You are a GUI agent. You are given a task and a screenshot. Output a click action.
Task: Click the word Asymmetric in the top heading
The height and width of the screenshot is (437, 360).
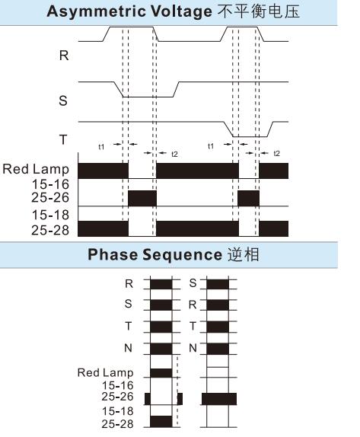click(x=97, y=11)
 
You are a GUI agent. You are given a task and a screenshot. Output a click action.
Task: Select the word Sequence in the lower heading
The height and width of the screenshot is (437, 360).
click(x=183, y=255)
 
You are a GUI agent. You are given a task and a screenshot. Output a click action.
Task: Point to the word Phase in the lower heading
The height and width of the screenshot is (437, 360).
click(x=113, y=254)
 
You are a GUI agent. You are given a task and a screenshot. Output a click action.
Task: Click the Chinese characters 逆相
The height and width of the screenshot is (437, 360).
click(x=244, y=254)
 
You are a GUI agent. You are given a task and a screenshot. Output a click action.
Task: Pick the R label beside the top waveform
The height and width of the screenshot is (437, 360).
click(x=64, y=55)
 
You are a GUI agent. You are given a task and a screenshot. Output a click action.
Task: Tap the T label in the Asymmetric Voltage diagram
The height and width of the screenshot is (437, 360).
click(x=63, y=139)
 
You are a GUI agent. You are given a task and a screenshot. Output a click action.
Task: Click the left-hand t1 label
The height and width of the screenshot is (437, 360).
click(x=101, y=147)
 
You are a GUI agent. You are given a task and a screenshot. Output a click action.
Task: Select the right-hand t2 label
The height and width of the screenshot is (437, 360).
click(x=277, y=153)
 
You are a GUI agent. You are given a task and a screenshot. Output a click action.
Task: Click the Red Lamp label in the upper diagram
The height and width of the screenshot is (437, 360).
click(x=36, y=169)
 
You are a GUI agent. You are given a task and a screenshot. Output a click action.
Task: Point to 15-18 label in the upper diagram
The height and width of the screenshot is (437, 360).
click(x=50, y=215)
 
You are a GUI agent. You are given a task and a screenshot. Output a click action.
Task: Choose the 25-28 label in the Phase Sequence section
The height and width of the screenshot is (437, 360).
click(x=117, y=424)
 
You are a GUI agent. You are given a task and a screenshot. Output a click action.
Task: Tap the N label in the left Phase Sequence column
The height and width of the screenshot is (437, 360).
click(x=128, y=348)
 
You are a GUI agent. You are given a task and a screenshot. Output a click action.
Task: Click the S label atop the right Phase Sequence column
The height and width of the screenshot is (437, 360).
click(x=193, y=283)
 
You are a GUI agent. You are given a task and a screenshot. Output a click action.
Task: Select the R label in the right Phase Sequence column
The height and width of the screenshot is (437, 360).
click(x=193, y=305)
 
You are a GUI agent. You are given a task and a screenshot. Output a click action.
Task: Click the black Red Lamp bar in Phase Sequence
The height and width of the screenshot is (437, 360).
click(x=161, y=373)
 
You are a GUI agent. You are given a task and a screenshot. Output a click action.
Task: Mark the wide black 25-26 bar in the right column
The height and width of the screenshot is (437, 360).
click(x=219, y=399)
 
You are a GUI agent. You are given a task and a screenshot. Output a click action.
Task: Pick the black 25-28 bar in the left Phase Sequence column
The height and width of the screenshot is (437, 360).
click(x=161, y=422)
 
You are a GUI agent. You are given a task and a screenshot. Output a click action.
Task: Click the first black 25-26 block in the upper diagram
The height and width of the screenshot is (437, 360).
click(x=142, y=198)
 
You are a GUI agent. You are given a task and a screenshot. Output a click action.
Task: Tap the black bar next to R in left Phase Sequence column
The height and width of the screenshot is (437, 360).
click(x=161, y=284)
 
